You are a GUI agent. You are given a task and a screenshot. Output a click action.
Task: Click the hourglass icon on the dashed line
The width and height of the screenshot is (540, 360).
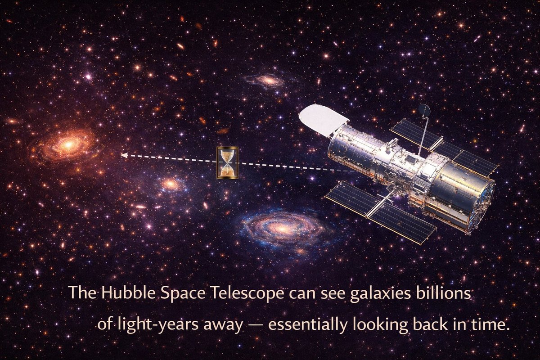pyautogui.click(x=227, y=162)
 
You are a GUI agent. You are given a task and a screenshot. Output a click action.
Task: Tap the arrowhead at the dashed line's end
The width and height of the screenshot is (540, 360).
pyautogui.click(x=124, y=155)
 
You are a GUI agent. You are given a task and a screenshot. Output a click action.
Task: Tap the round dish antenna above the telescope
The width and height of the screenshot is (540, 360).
pyautogui.click(x=424, y=110)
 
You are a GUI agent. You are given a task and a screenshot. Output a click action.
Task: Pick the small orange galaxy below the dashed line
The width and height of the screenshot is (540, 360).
pyautogui.click(x=171, y=184)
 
